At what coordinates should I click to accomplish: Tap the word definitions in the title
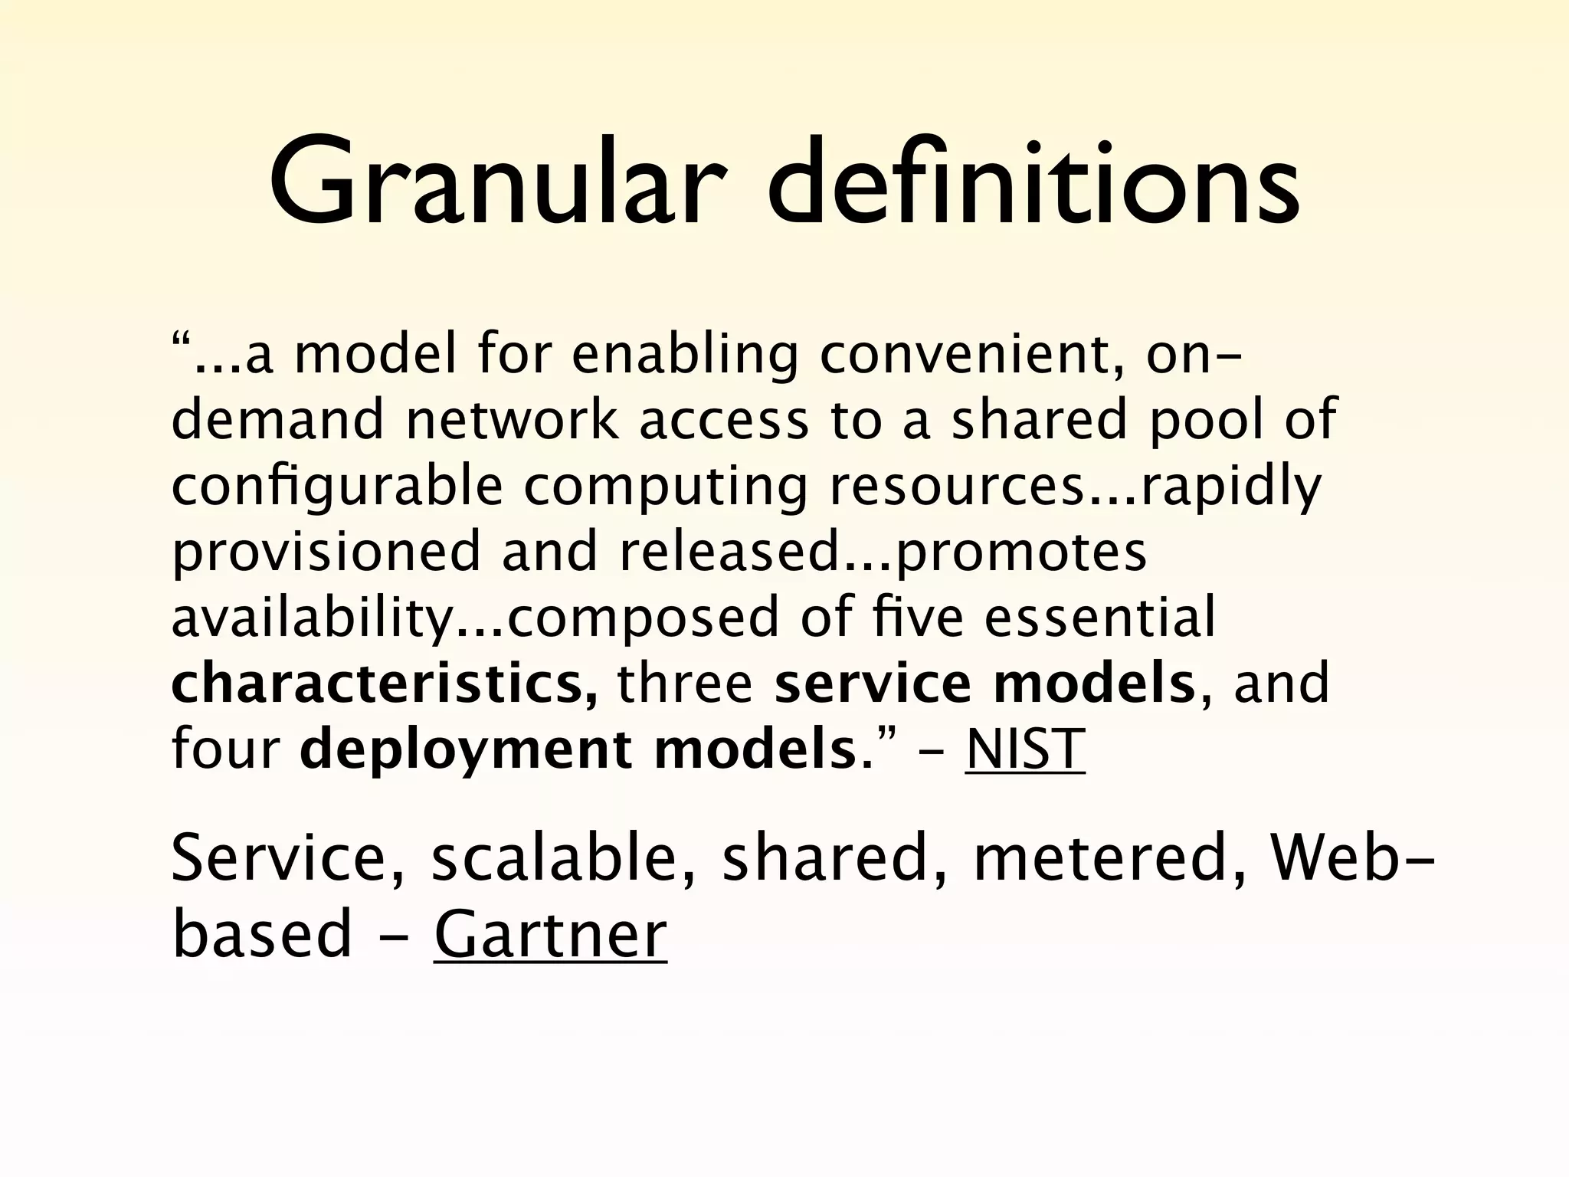(1033, 184)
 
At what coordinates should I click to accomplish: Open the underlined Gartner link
(550, 934)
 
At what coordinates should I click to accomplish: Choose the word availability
(313, 618)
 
